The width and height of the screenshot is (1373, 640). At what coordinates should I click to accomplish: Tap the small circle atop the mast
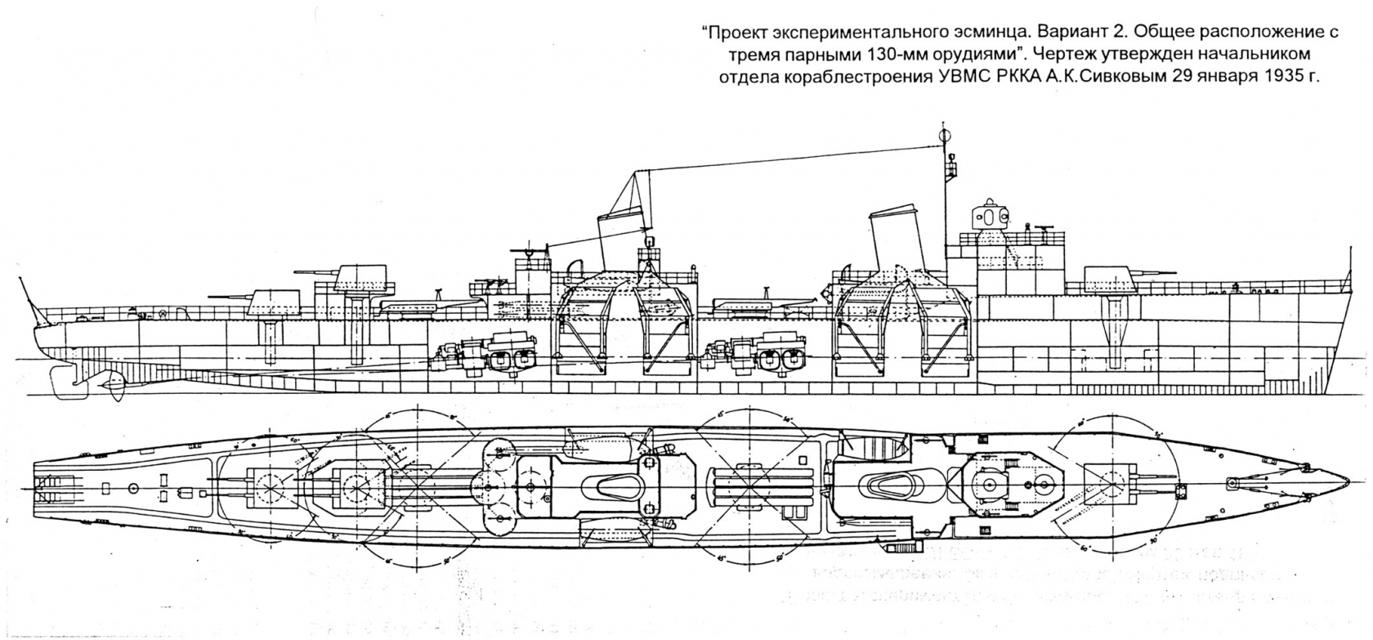tap(946, 136)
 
